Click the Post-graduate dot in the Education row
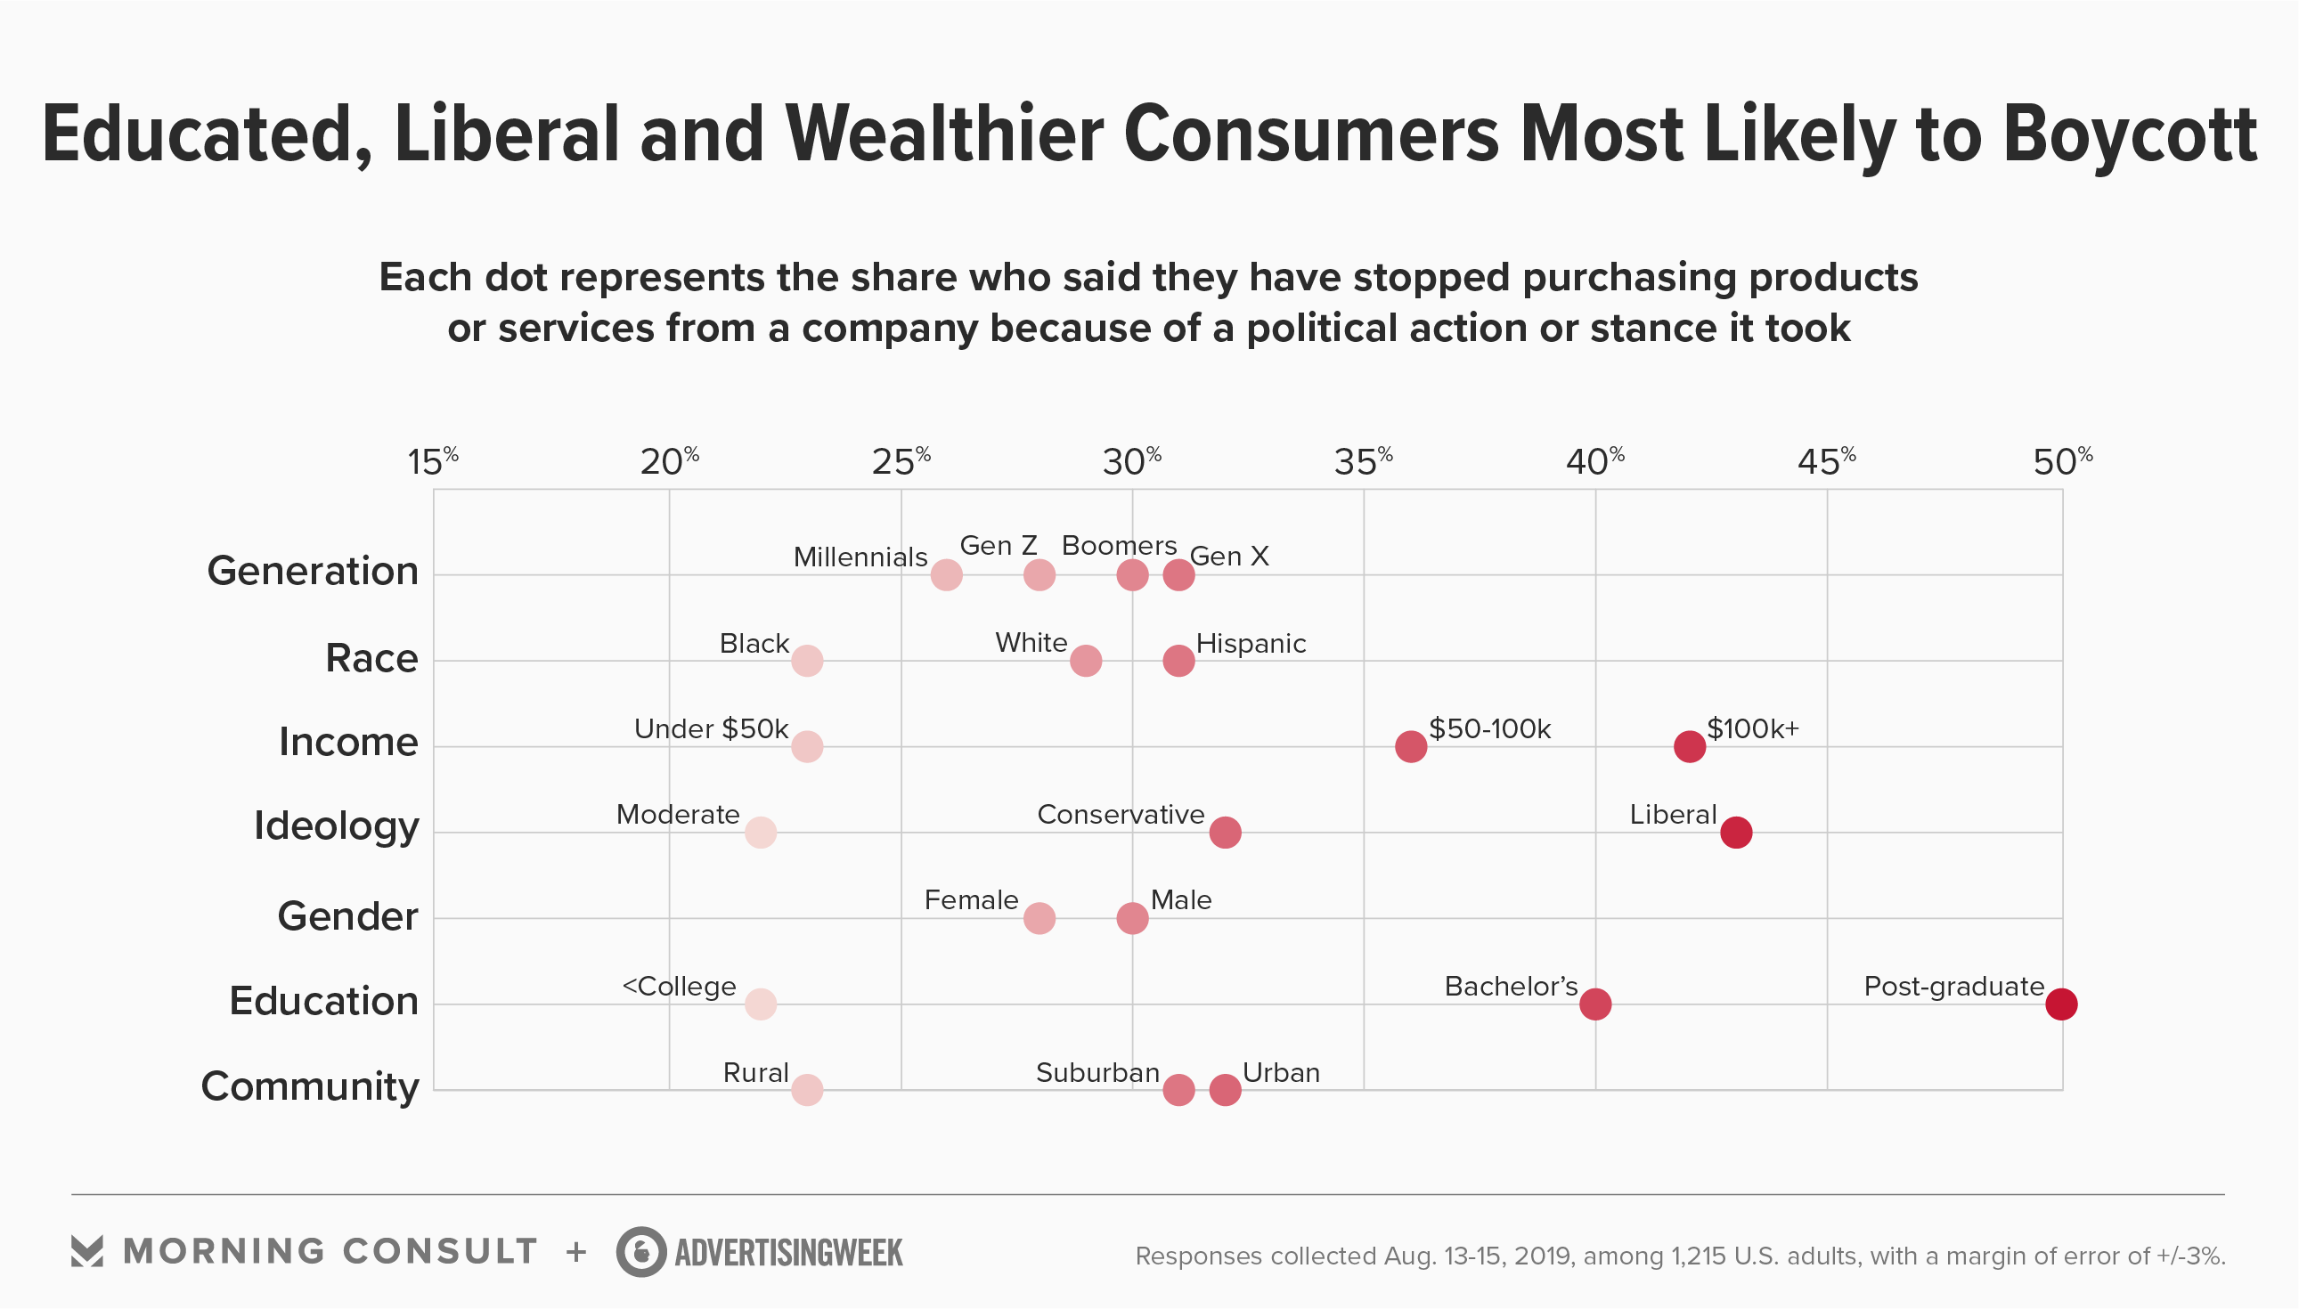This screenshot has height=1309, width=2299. (x=2061, y=1004)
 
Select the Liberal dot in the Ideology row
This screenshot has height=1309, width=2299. (x=1735, y=832)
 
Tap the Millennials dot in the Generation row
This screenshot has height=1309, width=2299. (x=946, y=574)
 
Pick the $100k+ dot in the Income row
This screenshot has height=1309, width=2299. (x=1689, y=746)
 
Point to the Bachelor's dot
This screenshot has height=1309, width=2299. (x=1595, y=1004)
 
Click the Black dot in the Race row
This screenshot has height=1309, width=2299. (x=806, y=661)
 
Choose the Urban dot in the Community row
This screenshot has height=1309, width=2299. (x=1225, y=1090)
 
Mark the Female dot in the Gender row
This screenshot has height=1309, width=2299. (x=1039, y=918)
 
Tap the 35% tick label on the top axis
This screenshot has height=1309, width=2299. (x=1363, y=462)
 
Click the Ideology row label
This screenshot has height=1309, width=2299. (x=337, y=826)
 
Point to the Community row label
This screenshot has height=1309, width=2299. (x=310, y=1086)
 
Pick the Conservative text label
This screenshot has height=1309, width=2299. (x=1121, y=815)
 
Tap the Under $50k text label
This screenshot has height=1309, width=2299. (x=710, y=728)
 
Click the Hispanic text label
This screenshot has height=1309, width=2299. (x=1251, y=644)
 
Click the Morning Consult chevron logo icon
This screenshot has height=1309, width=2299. (x=87, y=1250)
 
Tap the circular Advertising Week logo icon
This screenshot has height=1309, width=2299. (x=641, y=1251)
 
